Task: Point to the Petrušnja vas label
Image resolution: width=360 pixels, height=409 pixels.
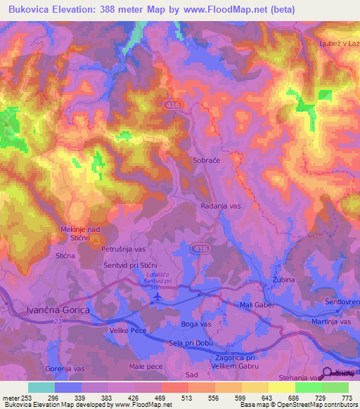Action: [x=123, y=249]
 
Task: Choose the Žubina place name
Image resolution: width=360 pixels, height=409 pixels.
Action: [x=283, y=279]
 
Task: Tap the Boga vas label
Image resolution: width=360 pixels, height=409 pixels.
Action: [x=196, y=324]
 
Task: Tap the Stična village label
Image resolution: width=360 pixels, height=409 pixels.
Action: [x=65, y=257]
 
